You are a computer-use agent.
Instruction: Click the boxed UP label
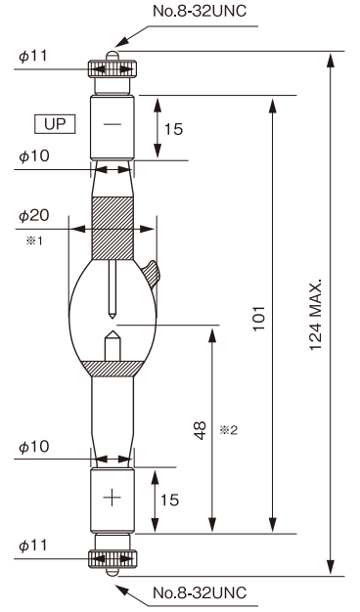tap(55, 124)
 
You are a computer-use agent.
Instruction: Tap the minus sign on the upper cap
tap(112, 124)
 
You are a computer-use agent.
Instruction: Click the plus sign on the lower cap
tap(112, 498)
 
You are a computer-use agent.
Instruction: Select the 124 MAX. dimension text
tap(316, 315)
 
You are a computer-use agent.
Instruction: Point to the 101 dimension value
tap(259, 318)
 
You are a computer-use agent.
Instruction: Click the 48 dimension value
tap(200, 430)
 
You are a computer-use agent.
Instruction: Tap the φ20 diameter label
tap(34, 215)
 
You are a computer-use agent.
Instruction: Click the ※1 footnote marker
tap(34, 240)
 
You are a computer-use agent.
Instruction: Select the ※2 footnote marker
tap(228, 430)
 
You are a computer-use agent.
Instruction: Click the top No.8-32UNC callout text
tap(200, 11)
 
